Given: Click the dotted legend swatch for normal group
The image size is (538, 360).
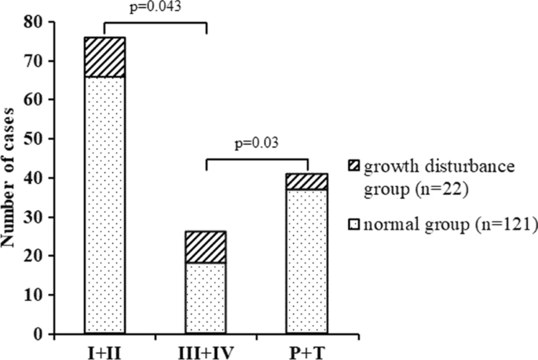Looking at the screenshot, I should (353, 225).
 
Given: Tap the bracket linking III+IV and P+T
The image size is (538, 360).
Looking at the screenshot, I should (256, 160).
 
